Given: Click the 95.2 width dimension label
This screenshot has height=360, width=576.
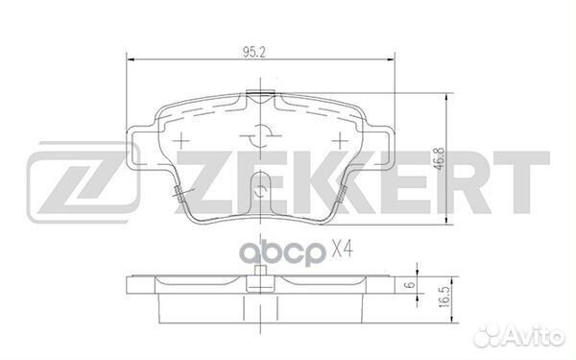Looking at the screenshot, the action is (x=254, y=53).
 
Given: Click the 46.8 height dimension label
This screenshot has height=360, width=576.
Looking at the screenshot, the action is (x=441, y=158).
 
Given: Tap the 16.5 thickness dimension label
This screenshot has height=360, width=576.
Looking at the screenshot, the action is (x=444, y=298).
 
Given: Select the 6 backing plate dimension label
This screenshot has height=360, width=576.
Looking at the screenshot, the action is (x=412, y=284).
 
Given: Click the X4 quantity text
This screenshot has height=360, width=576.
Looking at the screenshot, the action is (x=343, y=250).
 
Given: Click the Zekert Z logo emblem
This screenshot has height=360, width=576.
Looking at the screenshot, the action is (x=83, y=182).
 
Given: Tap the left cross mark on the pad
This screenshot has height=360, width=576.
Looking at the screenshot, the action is (x=180, y=140).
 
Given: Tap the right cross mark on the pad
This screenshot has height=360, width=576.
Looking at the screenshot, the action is (x=340, y=140).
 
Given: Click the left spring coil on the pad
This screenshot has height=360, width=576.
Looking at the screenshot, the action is (x=179, y=194).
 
